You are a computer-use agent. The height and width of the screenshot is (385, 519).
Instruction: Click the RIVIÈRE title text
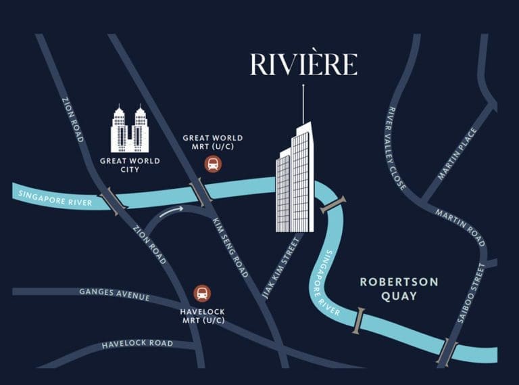click(x=303, y=65)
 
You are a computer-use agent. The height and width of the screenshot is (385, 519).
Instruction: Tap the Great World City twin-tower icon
click(x=129, y=129)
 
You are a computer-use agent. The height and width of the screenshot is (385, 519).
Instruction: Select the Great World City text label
click(x=129, y=165)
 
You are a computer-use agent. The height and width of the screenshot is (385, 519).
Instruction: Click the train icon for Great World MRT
click(x=212, y=163)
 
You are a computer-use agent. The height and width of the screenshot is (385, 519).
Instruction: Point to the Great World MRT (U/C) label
click(x=212, y=143)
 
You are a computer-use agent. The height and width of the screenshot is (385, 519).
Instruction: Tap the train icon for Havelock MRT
click(x=201, y=294)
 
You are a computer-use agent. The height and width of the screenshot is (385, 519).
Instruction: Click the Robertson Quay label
click(x=399, y=288)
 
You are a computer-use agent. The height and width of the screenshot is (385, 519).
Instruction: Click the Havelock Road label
click(x=137, y=344)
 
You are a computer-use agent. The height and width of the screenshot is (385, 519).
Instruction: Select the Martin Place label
click(x=458, y=154)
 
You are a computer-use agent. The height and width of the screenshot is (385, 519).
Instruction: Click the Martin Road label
click(x=460, y=227)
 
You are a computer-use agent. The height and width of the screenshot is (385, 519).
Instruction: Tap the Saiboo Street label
click(x=470, y=293)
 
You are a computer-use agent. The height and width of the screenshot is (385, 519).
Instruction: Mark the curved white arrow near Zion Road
click(x=173, y=211)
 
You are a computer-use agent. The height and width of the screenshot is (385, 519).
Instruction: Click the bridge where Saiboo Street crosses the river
click(x=447, y=353)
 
